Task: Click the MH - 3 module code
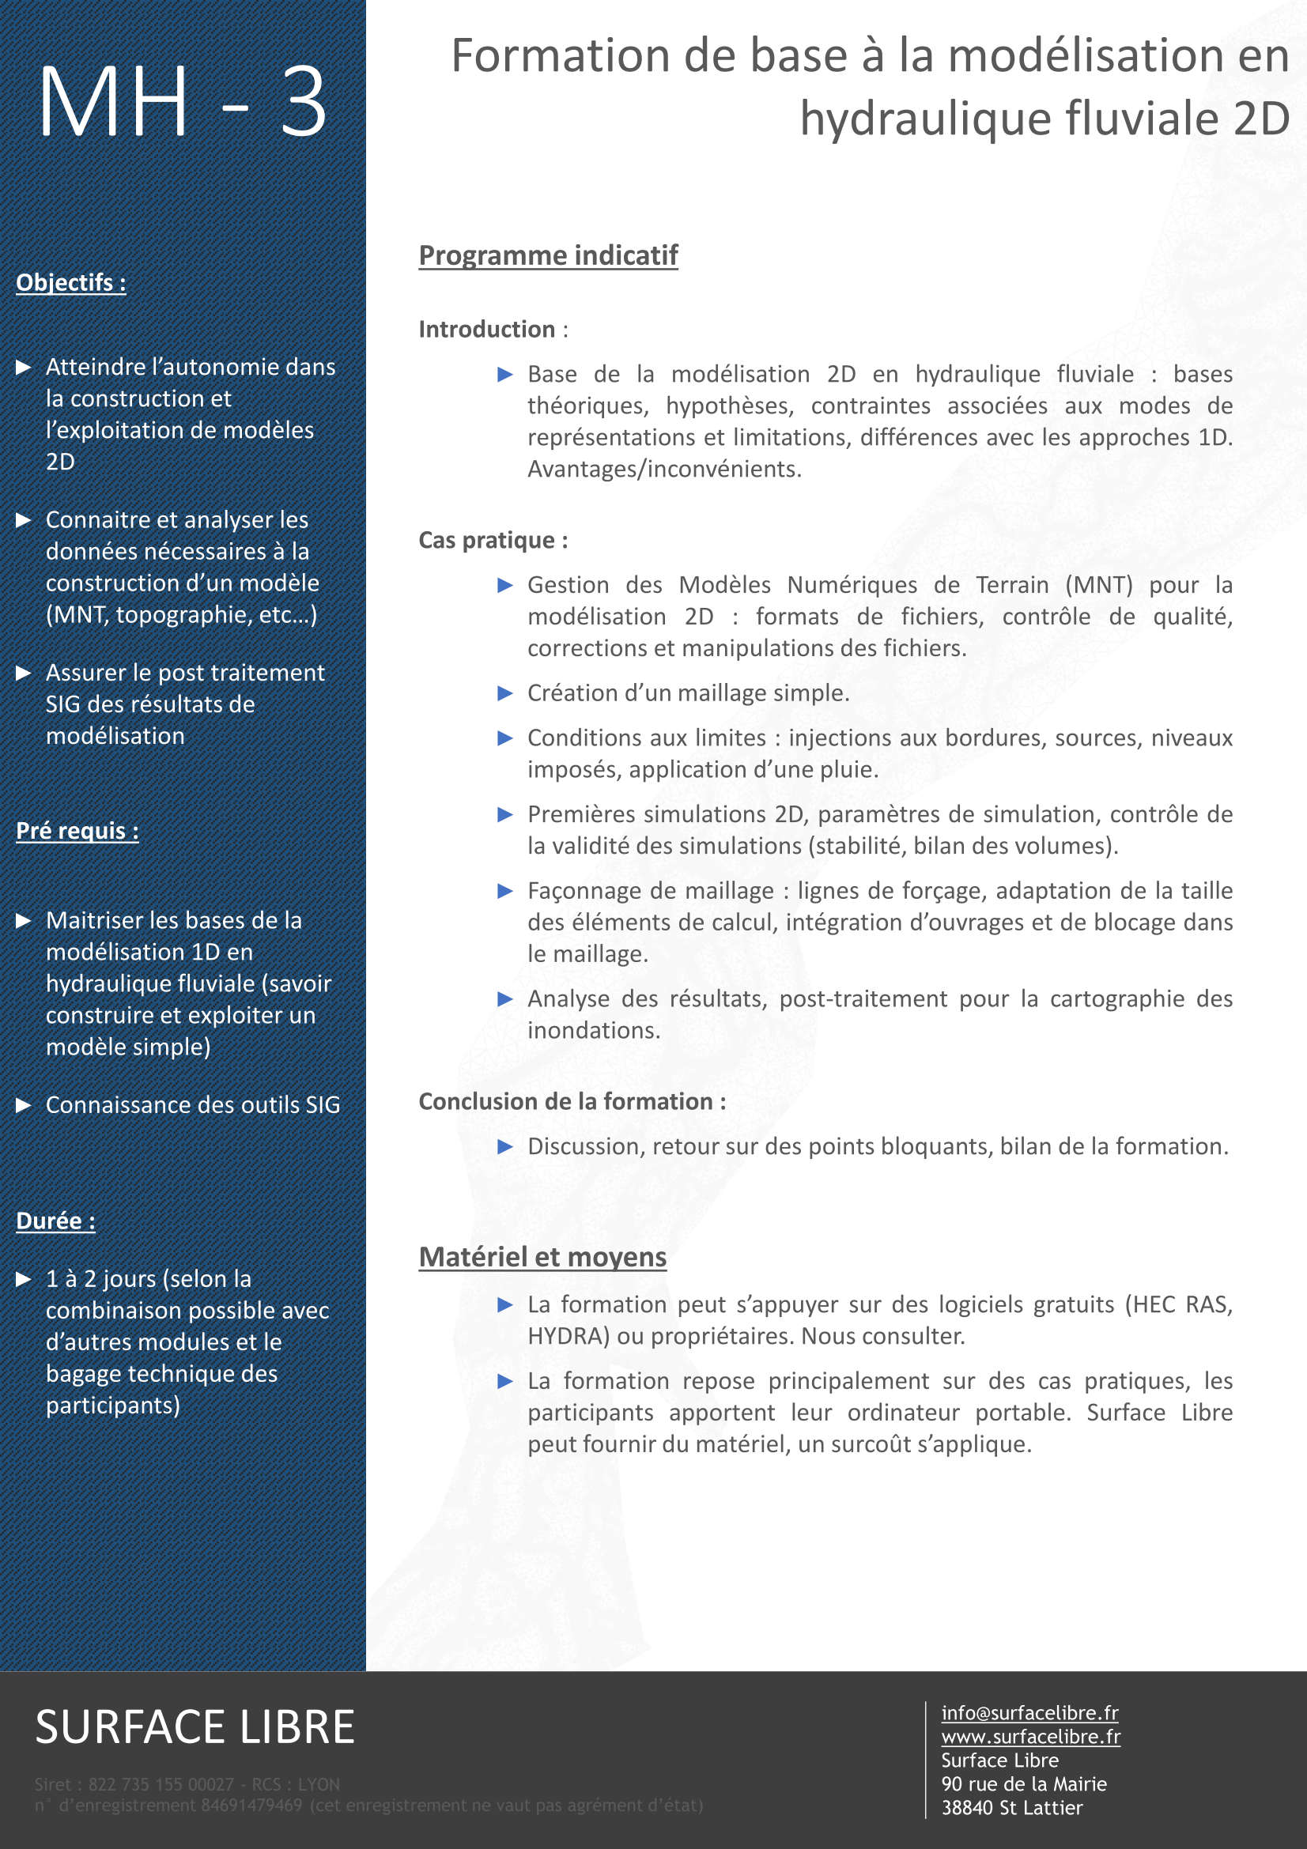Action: tap(182, 102)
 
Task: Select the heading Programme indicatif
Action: tap(548, 255)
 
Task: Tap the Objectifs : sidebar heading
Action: tap(71, 283)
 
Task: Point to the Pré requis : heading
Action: tap(77, 830)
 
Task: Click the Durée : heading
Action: tap(55, 1221)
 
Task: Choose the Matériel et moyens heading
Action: tap(542, 1257)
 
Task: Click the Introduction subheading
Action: tap(486, 330)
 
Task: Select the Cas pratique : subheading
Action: tap(493, 541)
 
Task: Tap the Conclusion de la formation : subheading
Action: tap(572, 1102)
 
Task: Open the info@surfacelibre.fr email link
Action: tap(1029, 1713)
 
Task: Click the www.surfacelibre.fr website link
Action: tap(1031, 1736)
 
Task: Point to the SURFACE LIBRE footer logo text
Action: tap(195, 1726)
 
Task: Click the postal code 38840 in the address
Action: tap(966, 1808)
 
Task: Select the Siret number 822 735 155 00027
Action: tap(161, 1785)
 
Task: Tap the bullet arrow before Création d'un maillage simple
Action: tap(505, 693)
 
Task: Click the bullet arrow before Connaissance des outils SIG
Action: tap(24, 1105)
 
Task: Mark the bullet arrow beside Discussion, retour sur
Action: tap(505, 1147)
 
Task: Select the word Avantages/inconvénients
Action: tap(664, 469)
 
